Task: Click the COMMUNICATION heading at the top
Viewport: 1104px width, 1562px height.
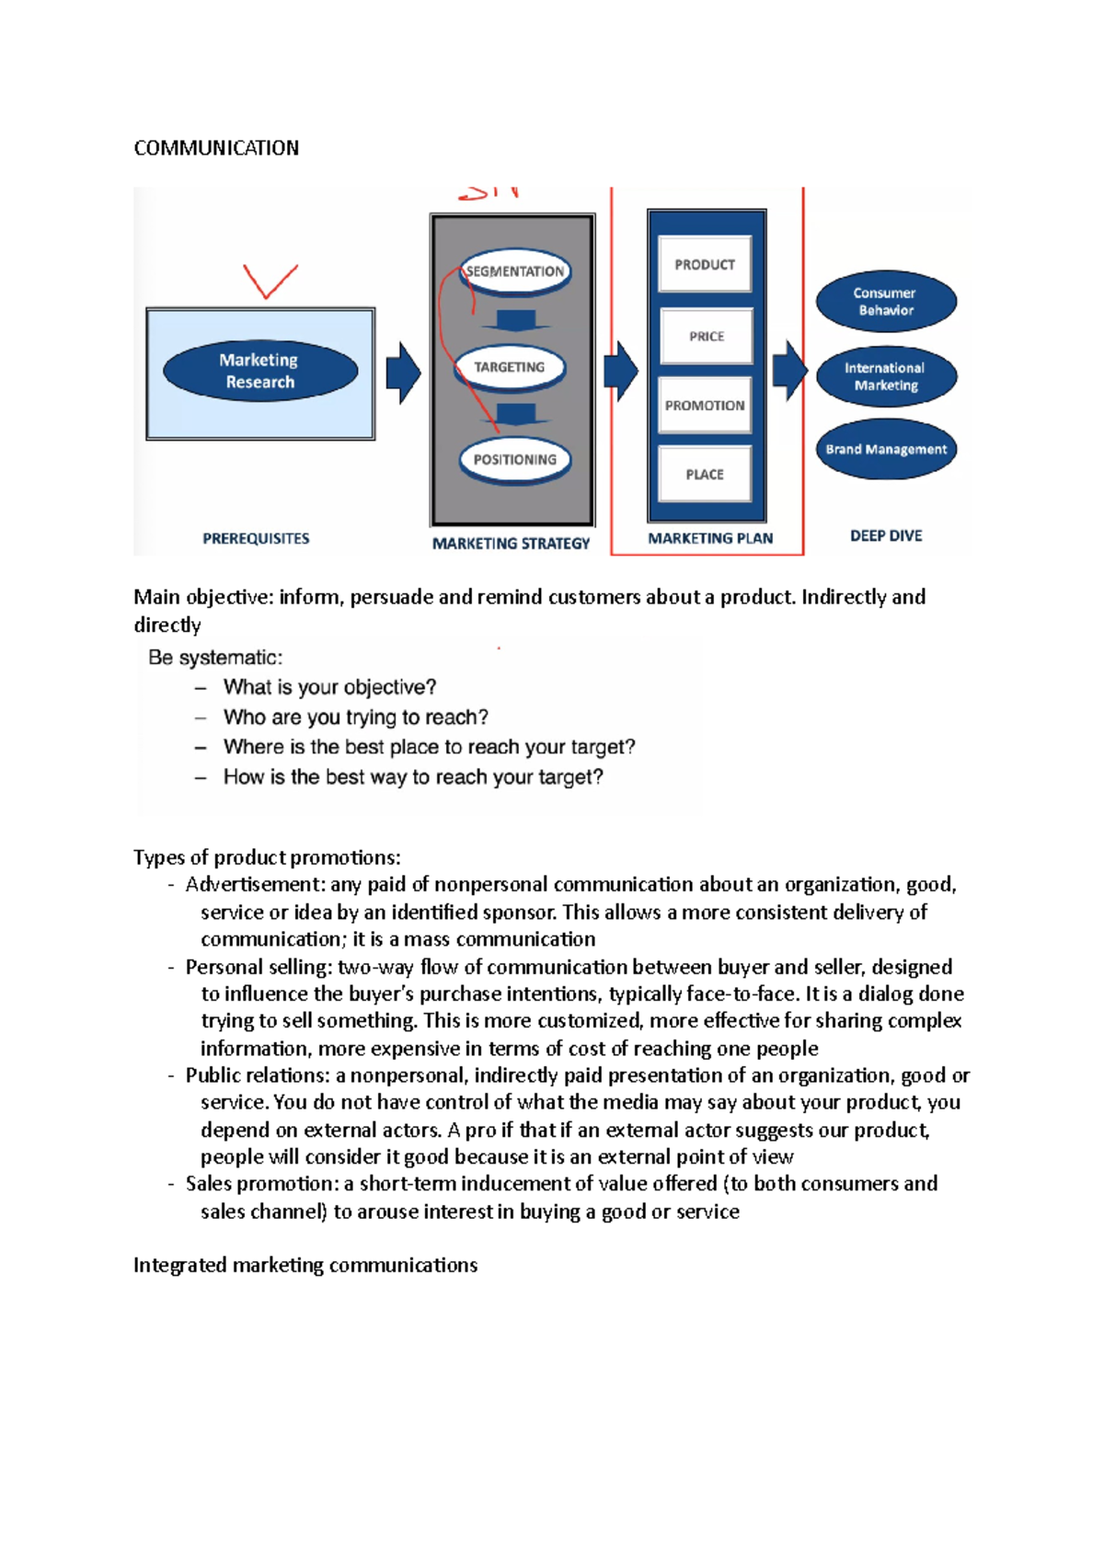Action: [216, 148]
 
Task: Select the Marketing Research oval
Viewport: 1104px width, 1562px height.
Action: [259, 371]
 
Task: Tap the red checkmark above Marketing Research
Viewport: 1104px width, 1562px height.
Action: [269, 281]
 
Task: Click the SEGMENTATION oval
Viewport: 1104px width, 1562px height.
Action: [515, 271]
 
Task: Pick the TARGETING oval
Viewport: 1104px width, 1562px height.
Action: [510, 367]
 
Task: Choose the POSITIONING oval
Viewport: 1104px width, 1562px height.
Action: [515, 460]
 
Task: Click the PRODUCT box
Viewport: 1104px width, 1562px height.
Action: [705, 265]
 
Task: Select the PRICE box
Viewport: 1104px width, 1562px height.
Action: [706, 337]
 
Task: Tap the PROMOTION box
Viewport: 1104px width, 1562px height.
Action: [705, 406]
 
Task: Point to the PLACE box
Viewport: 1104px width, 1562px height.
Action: [705, 475]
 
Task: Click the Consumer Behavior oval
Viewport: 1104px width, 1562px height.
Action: [886, 302]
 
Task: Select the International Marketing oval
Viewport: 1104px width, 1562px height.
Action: [886, 376]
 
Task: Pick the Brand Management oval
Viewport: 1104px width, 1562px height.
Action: [886, 450]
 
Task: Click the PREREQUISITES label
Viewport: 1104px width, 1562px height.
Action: [256, 539]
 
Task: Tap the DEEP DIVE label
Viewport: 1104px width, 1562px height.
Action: [886, 536]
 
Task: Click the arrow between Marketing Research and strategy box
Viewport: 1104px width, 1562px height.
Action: [403, 373]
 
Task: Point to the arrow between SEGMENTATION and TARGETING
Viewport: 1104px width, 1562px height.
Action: [515, 321]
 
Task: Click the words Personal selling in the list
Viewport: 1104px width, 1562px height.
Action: [258, 967]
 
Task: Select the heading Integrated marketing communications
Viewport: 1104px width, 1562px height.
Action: [305, 1265]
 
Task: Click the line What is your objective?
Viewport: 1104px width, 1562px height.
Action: [329, 687]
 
